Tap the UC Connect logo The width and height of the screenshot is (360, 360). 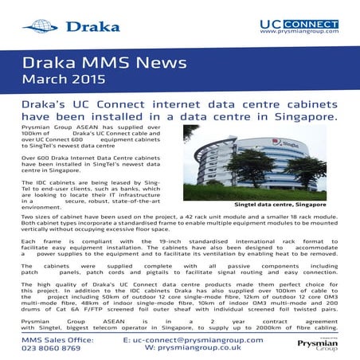299,24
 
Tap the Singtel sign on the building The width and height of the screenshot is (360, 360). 284,144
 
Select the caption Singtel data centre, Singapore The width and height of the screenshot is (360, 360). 280,205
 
